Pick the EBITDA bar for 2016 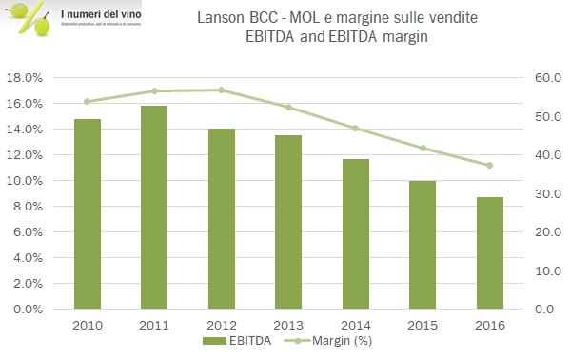[x=489, y=253]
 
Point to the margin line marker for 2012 [x=221, y=90]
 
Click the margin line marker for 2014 [x=356, y=128]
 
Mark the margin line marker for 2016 [x=489, y=165]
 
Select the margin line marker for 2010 [x=87, y=101]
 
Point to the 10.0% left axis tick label [x=24, y=181]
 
